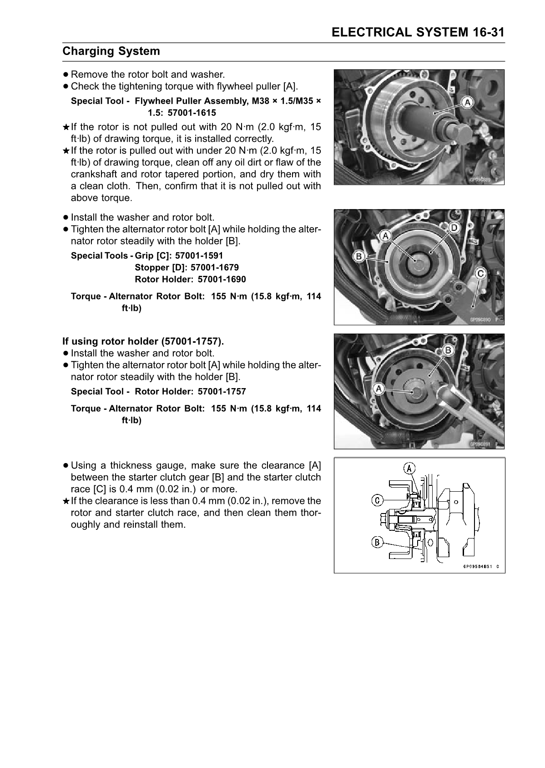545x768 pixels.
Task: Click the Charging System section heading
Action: click(111, 51)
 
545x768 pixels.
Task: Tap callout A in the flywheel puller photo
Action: click(466, 103)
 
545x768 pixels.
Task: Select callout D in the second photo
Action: click(454, 227)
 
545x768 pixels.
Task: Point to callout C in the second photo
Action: click(480, 273)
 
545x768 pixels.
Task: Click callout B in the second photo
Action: click(358, 257)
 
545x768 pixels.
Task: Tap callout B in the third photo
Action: click(448, 350)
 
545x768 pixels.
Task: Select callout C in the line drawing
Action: click(377, 500)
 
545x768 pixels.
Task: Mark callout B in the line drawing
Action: click(377, 542)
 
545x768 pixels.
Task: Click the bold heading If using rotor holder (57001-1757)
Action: click(143, 341)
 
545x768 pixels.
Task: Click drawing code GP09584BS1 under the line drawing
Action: click(478, 567)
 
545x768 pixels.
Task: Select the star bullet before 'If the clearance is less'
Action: click(66, 501)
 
